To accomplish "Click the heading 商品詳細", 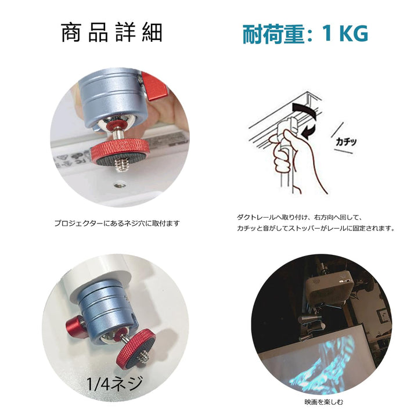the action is point(111,33).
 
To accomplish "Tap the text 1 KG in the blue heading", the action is point(345,34).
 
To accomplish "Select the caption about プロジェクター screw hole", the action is point(117,223).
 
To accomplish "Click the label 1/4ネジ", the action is point(115,383).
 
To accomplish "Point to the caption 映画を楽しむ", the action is point(324,402).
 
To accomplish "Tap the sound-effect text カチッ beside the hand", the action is point(346,142).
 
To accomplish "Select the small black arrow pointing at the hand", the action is point(309,131).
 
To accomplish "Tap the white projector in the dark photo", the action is point(330,288).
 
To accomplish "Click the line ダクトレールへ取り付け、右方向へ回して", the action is point(299,218).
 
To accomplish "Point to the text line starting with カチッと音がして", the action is point(316,229).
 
